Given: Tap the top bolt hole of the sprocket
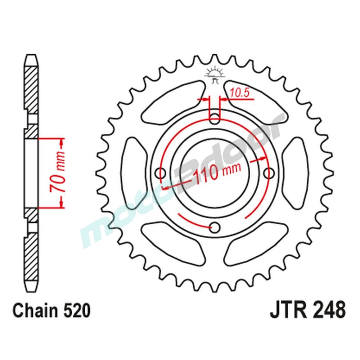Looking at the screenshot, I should (x=215, y=119).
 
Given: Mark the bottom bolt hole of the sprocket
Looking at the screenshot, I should (x=215, y=228).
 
